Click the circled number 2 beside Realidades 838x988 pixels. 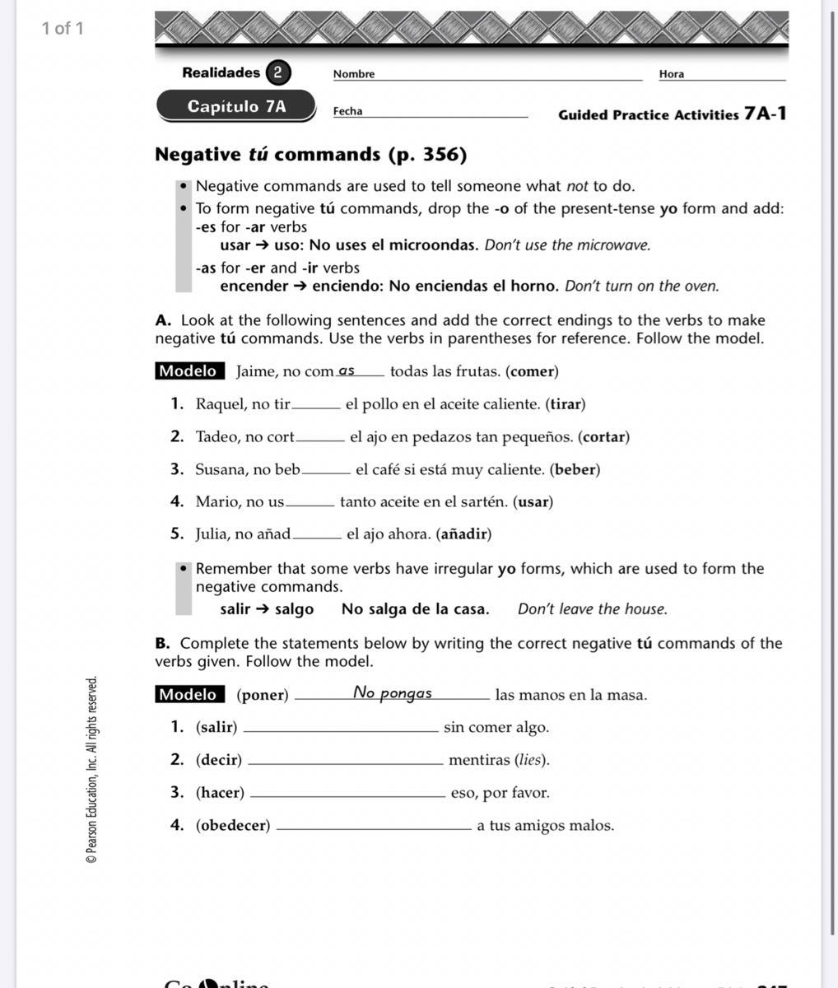click(278, 72)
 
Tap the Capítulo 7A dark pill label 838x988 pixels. click(236, 106)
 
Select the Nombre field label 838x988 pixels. click(354, 74)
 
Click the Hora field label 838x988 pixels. click(671, 74)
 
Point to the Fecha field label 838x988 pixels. click(347, 111)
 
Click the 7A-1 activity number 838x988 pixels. click(765, 113)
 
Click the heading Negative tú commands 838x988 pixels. click(310, 155)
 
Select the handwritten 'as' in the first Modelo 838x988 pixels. click(347, 370)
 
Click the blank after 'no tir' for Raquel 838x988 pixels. click(316, 404)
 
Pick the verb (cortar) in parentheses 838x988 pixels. click(603, 437)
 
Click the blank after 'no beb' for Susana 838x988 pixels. click(326, 470)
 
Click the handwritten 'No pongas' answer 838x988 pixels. click(392, 693)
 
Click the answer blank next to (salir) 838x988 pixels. click(342, 728)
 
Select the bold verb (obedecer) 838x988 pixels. click(233, 825)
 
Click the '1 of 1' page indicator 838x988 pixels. click(63, 29)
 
